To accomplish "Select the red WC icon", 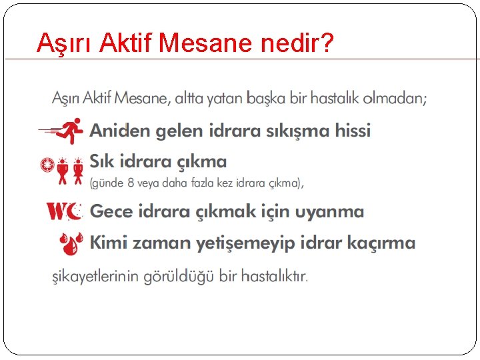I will click(x=64, y=212).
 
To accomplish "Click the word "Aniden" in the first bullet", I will click(x=119, y=131).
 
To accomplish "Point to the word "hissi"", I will click(x=349, y=131).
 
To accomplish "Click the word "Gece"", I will click(x=111, y=212).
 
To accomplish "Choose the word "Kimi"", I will click(x=109, y=243).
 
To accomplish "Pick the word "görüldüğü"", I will click(x=170, y=276).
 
